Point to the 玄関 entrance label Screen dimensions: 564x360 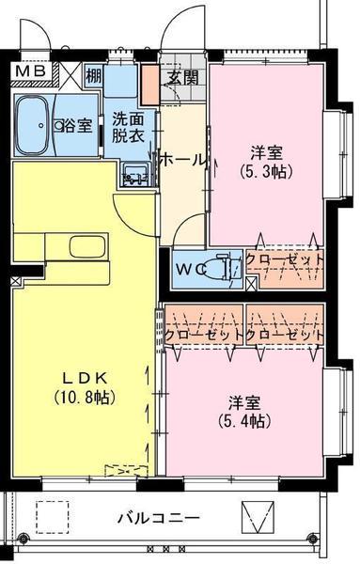(x=182, y=78)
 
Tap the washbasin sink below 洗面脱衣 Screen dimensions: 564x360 (x=132, y=173)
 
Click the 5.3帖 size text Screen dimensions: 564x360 (x=265, y=172)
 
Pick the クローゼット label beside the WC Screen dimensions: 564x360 (x=285, y=258)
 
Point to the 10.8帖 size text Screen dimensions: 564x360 (x=83, y=398)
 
